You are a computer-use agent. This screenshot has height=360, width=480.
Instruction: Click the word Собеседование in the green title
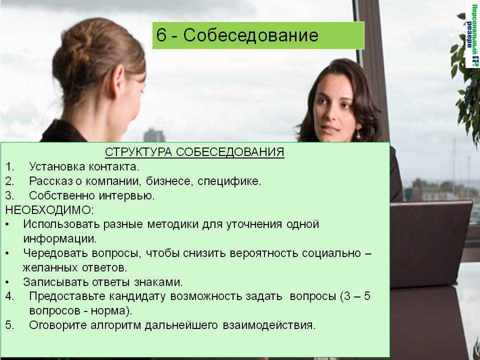point(250,35)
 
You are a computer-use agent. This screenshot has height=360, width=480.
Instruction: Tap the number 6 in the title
point(161,34)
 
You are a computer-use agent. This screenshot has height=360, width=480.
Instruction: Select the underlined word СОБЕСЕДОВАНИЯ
point(230,152)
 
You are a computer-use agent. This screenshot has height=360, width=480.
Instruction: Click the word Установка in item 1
point(56,166)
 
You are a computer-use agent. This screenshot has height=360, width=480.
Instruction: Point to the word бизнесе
point(169,181)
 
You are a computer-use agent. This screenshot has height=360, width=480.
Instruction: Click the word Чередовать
point(55,253)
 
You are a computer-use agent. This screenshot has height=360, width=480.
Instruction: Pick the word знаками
point(158,282)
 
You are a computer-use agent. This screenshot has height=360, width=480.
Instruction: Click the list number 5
point(9,325)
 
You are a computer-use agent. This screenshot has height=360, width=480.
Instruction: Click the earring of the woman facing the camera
point(357,135)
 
